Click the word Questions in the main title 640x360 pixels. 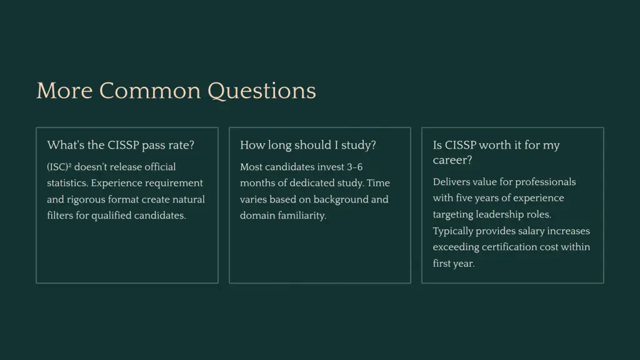coord(262,91)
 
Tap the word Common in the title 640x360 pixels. coord(151,91)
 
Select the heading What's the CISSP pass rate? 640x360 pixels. coord(121,145)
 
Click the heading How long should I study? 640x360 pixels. coord(308,145)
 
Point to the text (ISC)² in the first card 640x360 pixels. coord(59,167)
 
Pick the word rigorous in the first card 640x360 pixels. coord(87,199)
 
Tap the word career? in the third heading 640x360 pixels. coord(452,160)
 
